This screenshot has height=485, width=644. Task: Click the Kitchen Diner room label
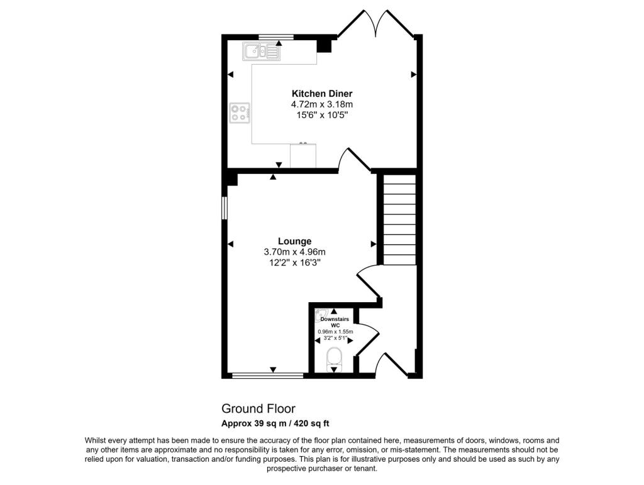[321, 94]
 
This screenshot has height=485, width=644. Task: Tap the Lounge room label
[294, 241]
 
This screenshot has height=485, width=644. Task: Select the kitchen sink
[261, 52]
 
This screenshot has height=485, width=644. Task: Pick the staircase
[399, 219]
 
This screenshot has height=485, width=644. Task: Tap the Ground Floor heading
[258, 409]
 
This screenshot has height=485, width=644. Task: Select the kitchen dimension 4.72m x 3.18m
[321, 104]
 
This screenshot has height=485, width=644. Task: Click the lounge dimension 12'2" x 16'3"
[294, 263]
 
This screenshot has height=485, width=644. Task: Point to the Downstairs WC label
[335, 322]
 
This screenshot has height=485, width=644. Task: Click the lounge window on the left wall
[225, 208]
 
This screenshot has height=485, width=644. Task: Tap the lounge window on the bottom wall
[268, 375]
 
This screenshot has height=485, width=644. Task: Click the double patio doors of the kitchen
[376, 24]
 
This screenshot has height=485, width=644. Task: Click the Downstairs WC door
[367, 338]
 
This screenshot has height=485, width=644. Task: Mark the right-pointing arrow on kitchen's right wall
[414, 74]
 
